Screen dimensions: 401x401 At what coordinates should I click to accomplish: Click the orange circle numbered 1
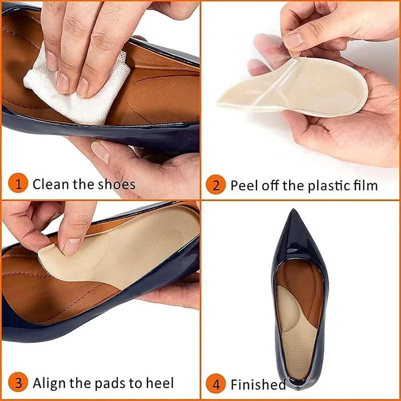[x=19, y=184]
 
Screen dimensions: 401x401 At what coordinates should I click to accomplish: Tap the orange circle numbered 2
[x=216, y=185]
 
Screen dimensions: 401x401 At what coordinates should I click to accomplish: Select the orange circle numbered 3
[x=19, y=384]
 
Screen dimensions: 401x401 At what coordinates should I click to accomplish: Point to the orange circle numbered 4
[x=216, y=385]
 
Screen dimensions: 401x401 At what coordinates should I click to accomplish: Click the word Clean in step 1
[x=51, y=184]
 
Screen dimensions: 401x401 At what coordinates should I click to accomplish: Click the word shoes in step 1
[x=117, y=184]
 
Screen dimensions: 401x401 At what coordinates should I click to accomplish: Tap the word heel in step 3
[x=160, y=384]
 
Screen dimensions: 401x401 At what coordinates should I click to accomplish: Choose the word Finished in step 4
[x=258, y=385]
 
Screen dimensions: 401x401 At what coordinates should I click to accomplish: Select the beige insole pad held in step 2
[x=321, y=93]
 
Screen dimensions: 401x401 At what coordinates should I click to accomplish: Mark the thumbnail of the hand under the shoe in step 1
[x=100, y=151]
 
